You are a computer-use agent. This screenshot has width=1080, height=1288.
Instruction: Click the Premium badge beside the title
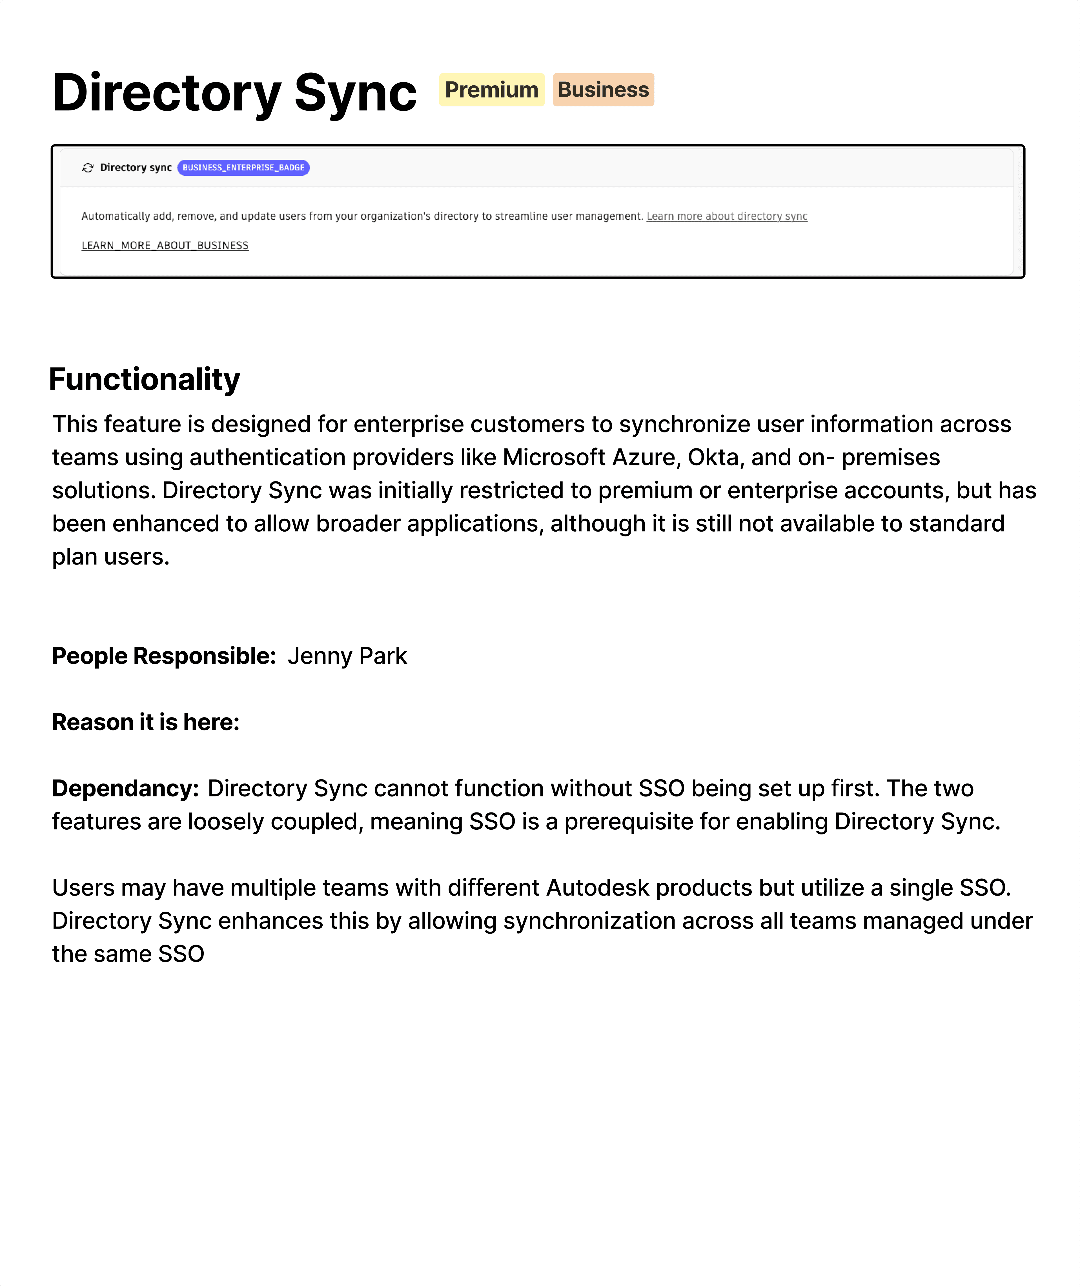(x=491, y=90)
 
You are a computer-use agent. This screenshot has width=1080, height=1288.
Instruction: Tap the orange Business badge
(x=603, y=90)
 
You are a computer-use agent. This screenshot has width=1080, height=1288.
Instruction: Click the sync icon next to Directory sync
(x=88, y=167)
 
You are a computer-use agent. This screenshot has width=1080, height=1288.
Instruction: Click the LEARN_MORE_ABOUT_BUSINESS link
(x=165, y=245)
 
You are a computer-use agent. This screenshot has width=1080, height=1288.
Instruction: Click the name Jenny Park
(x=347, y=656)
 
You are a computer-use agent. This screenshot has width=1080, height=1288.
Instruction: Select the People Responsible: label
(x=164, y=656)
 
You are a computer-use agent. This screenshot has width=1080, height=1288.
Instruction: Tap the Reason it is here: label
(x=145, y=722)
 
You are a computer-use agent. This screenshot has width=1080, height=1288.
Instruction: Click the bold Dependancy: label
(x=125, y=788)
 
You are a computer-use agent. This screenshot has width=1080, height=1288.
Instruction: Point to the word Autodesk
(x=597, y=887)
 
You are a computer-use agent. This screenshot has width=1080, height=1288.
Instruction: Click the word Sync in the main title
(x=355, y=93)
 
